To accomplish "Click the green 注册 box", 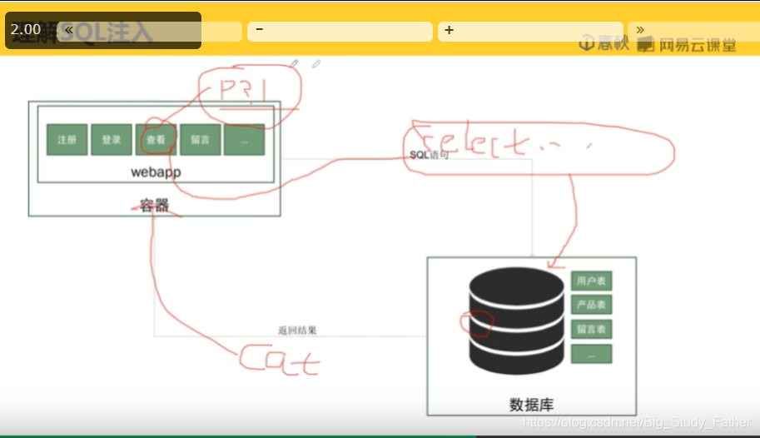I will point(67,140).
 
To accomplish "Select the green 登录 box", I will point(112,140).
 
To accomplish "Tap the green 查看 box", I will point(156,140).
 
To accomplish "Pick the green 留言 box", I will point(200,140).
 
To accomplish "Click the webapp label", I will point(156,172).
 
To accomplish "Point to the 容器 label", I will point(155,205).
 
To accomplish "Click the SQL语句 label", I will point(430,156).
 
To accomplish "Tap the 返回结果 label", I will point(297,331).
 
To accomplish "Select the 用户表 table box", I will point(591,281).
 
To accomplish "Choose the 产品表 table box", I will point(591,305).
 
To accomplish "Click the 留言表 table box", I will point(591,329).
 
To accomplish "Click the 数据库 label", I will point(531,406).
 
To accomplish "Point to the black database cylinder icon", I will point(516,320).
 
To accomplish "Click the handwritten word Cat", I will point(280,359).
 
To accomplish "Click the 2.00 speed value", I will point(26,29).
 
